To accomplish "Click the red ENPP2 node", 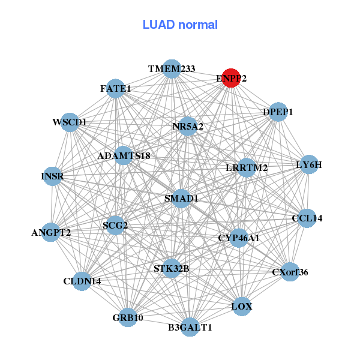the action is click(231, 77).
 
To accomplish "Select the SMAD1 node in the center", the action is click(181, 198).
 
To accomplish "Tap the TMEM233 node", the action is click(172, 69).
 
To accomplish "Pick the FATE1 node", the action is click(116, 89).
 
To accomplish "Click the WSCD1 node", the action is click(70, 122).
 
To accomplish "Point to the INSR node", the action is click(52, 176).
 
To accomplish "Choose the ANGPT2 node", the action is click(51, 232).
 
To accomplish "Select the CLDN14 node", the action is click(82, 281).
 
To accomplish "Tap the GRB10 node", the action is click(127, 317).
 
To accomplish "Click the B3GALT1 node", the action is click(190, 327).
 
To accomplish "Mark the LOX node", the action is click(242, 307).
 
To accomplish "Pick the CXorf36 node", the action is click(290, 272).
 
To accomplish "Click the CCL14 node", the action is click(307, 218).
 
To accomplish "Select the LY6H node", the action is click(309, 164).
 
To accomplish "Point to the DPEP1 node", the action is click(278, 112).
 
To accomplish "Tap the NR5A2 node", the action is click(188, 127).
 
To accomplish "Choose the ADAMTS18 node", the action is click(124, 156).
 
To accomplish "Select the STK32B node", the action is click(172, 268).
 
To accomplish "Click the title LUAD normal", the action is click(180, 25).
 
